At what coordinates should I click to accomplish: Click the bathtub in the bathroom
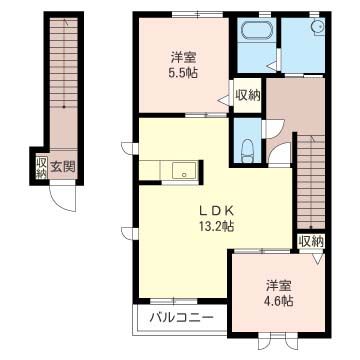click(256, 31)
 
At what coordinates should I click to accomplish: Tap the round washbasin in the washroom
click(319, 26)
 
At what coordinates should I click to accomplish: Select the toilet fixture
click(247, 151)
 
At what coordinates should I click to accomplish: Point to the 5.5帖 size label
click(183, 72)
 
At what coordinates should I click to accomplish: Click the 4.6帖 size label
click(279, 301)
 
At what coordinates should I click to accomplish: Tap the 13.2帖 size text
click(217, 227)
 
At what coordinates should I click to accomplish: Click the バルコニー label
click(181, 317)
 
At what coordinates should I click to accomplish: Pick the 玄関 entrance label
click(63, 166)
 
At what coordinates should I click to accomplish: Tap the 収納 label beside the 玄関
click(41, 167)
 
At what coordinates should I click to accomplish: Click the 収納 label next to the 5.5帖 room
click(248, 96)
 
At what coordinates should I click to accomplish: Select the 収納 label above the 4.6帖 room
click(311, 242)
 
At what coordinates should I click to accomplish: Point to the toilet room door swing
click(274, 126)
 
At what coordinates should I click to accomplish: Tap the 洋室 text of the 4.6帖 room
click(279, 286)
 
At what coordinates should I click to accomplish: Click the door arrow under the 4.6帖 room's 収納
click(318, 257)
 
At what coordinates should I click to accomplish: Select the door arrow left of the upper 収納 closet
click(223, 100)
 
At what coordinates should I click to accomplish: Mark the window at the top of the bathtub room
click(264, 14)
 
